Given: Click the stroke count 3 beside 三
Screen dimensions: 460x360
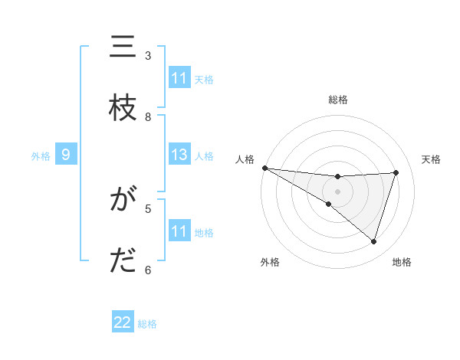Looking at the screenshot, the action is pyautogui.click(x=148, y=56).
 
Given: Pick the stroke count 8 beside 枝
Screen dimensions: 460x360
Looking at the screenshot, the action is pyautogui.click(x=148, y=116).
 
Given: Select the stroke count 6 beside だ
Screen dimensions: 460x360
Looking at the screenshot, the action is pyautogui.click(x=148, y=270).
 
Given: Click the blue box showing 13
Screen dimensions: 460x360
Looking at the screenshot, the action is pyautogui.click(x=179, y=155).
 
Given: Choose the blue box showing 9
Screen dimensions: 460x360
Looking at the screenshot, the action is pyautogui.click(x=66, y=155).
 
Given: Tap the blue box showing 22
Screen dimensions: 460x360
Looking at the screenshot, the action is pyautogui.click(x=123, y=322).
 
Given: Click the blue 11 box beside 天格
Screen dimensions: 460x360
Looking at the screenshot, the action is pyautogui.click(x=179, y=78).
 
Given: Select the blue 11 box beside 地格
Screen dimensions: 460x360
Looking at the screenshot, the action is pyautogui.click(x=179, y=231).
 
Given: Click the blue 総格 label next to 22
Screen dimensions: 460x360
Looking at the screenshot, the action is pyautogui.click(x=147, y=323).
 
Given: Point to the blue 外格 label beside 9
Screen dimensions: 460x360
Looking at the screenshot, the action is pyautogui.click(x=41, y=156).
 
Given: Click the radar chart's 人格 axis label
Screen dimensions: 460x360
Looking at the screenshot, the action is pyautogui.click(x=244, y=159).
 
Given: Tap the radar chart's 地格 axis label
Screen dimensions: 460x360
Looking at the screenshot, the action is pyautogui.click(x=402, y=262).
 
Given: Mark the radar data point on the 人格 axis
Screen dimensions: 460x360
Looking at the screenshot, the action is pyautogui.click(x=264, y=168).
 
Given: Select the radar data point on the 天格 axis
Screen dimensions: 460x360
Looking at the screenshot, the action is pyautogui.click(x=396, y=172).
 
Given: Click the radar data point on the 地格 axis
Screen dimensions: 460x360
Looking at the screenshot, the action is pyautogui.click(x=373, y=241).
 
